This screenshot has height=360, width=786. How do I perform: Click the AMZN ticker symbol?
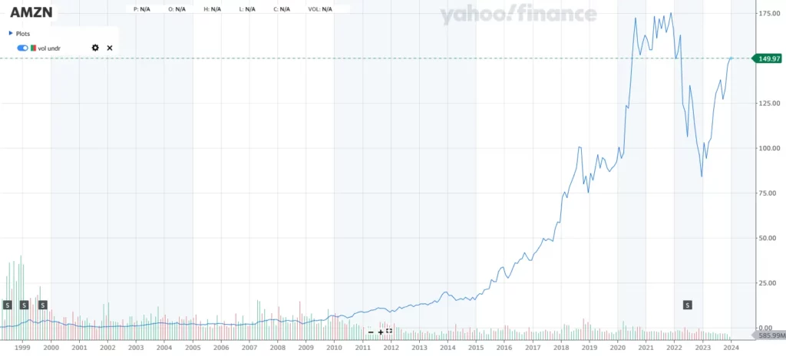[31, 13]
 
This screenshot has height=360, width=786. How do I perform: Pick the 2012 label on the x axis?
[391, 347]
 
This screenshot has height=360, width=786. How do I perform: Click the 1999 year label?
[22, 347]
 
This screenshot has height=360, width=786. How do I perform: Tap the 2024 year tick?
[731, 347]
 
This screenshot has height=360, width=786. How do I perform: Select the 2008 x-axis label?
[277, 347]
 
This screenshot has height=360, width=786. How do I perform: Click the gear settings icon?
[95, 48]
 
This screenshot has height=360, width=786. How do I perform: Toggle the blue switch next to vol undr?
[22, 48]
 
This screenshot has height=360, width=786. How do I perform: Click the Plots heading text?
[23, 34]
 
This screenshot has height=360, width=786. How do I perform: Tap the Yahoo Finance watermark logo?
[518, 14]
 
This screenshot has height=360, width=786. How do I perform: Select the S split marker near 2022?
[687, 305]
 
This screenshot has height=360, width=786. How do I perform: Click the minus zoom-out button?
[371, 332]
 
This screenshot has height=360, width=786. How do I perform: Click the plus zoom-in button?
[380, 332]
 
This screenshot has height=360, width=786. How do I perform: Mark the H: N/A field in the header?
[211, 9]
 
